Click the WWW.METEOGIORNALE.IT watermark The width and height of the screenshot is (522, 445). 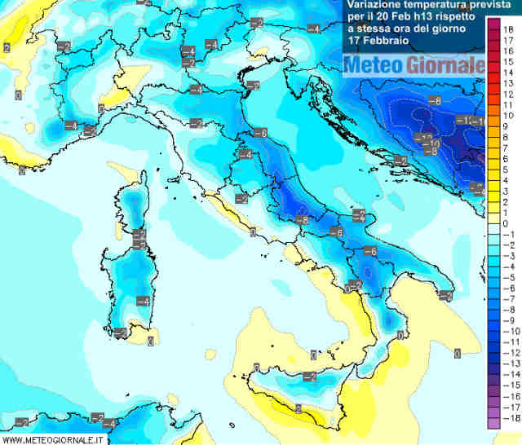coord(53,439)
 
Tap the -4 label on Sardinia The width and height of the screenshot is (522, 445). coord(143,302)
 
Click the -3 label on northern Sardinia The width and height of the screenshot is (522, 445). coord(140,245)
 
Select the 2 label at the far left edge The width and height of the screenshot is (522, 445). coord(7,48)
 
